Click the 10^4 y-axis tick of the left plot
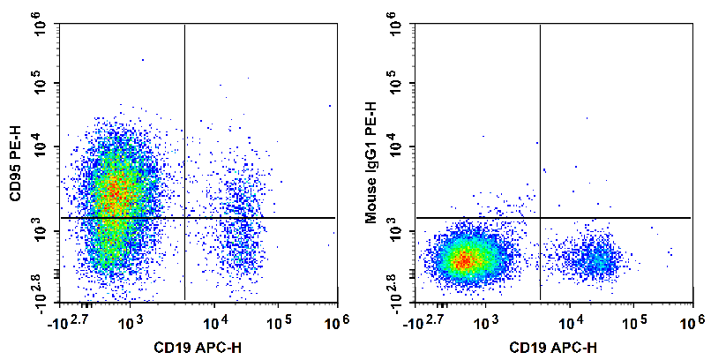click(x=41, y=146)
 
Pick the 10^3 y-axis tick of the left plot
click(x=41, y=230)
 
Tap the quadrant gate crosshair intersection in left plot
click(x=184, y=217)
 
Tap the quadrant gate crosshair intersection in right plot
click(x=539, y=217)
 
